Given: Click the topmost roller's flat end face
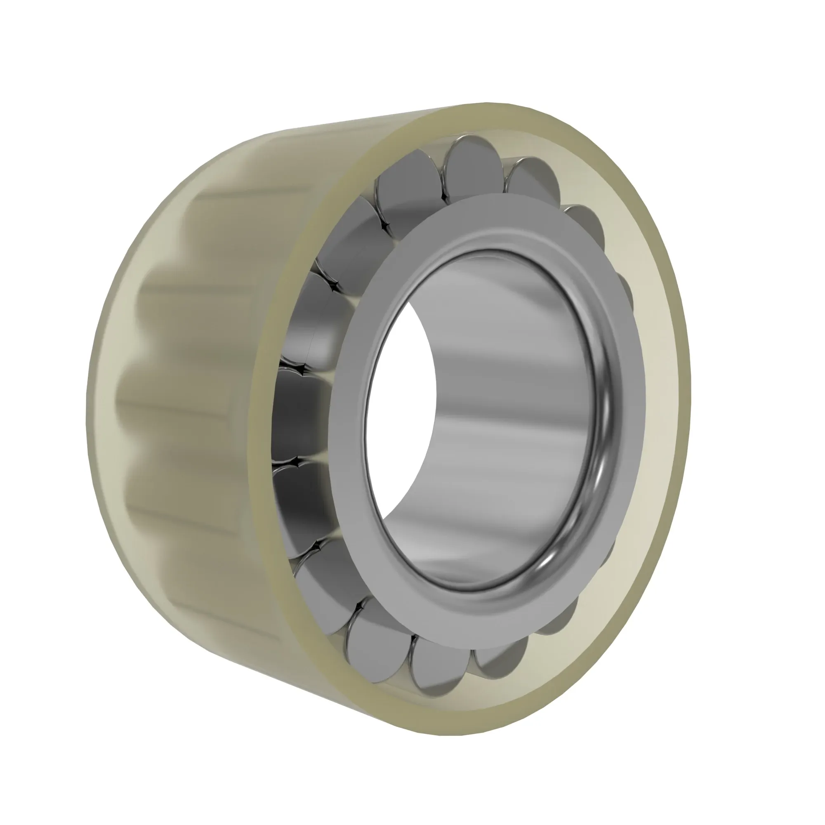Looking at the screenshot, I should tap(472, 169).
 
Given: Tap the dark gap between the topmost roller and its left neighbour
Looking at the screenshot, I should tap(444, 196).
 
